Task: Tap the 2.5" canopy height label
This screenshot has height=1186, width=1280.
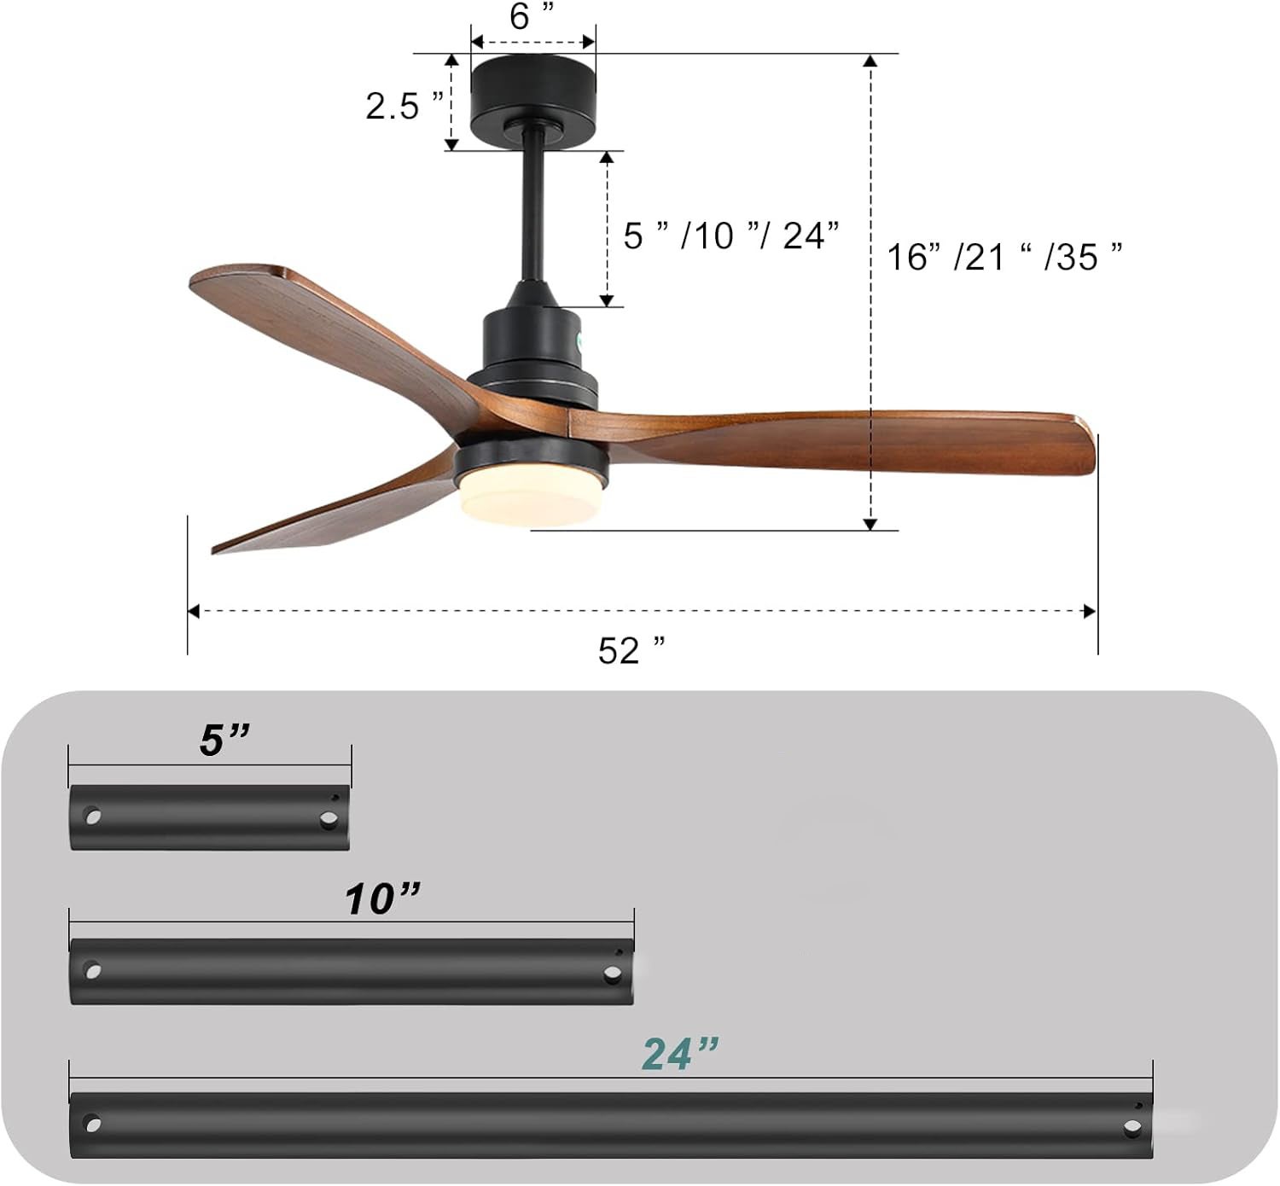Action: pyautogui.click(x=404, y=106)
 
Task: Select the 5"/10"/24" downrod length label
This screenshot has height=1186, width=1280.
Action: pyautogui.click(x=731, y=235)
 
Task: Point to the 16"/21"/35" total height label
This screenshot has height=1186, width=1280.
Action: pyautogui.click(x=1004, y=256)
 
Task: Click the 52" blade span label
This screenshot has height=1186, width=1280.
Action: pyautogui.click(x=631, y=651)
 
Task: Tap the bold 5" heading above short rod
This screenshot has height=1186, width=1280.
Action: pyautogui.click(x=224, y=740)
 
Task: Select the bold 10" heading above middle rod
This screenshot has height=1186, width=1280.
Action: pyautogui.click(x=382, y=898)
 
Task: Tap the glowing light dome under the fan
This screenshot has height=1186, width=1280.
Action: pyautogui.click(x=529, y=499)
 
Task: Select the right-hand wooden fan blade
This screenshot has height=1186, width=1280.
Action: pyautogui.click(x=853, y=439)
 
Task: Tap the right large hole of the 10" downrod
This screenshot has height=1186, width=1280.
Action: pyautogui.click(x=612, y=974)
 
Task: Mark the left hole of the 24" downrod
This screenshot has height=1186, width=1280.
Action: pyautogui.click(x=92, y=1125)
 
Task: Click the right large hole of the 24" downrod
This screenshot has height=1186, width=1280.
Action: pyautogui.click(x=1132, y=1127)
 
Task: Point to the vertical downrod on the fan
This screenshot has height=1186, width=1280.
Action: pyautogui.click(x=532, y=213)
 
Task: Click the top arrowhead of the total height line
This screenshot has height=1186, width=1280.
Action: pyautogui.click(x=870, y=61)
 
